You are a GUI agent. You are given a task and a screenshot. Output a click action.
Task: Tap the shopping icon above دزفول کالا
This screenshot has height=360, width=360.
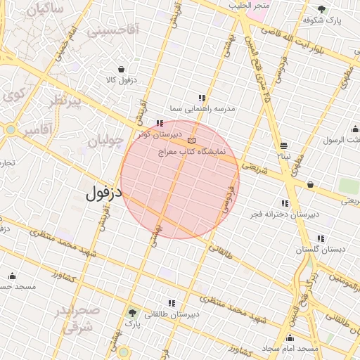coord(122,70)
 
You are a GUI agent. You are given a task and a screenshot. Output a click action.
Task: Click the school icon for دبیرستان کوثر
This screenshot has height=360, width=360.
coord(160,124)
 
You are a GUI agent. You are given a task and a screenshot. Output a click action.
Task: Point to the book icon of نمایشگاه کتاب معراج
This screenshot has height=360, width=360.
coord(192,141)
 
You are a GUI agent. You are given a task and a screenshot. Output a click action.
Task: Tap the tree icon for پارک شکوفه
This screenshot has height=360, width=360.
coord(321,9)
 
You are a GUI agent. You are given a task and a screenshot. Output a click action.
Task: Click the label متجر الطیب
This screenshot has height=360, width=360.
coord(247,5)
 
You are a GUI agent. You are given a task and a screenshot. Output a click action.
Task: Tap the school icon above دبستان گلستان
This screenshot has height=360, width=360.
coord(321,238)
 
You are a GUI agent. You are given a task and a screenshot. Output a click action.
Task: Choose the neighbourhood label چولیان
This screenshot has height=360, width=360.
coord(105,141)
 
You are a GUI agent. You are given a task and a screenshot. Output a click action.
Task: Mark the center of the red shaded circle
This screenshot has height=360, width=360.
coord(180,179)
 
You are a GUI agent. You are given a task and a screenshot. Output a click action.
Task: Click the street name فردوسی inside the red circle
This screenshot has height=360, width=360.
coord(226,199)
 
